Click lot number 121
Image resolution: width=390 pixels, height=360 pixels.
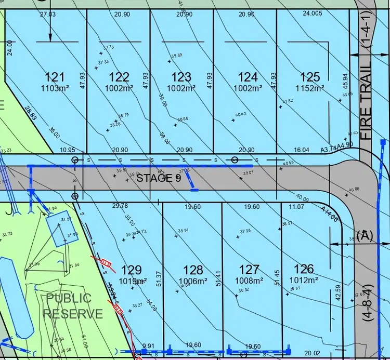pos(55,77)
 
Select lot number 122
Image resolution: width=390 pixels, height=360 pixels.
pos(119,77)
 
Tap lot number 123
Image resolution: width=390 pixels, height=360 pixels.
pos(181,77)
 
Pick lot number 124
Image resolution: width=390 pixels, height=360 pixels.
pos(248,77)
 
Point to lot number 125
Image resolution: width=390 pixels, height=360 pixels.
pos(310,77)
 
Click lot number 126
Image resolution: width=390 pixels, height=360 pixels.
pos(304,269)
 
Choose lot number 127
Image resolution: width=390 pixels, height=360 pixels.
pos(250,270)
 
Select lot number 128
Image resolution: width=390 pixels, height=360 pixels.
pos(193,270)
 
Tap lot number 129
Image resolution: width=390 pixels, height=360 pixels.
pos(131,270)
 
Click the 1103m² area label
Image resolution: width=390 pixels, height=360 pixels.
pos(55,88)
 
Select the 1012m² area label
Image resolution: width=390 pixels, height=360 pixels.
pos(304,281)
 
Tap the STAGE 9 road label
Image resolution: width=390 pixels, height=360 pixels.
pos(159,178)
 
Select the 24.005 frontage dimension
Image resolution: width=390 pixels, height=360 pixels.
pos(313,14)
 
